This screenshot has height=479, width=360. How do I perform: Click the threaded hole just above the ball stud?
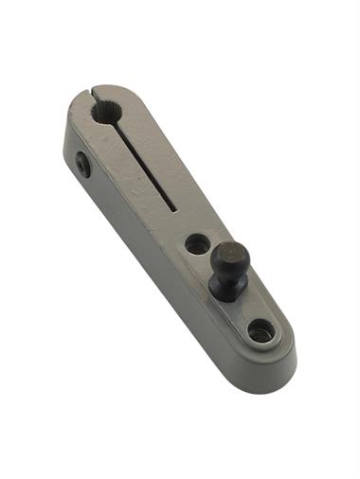click(197, 244)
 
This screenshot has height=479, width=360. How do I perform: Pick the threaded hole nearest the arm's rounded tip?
click(261, 330)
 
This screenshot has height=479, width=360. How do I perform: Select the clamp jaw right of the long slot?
click(166, 166)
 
